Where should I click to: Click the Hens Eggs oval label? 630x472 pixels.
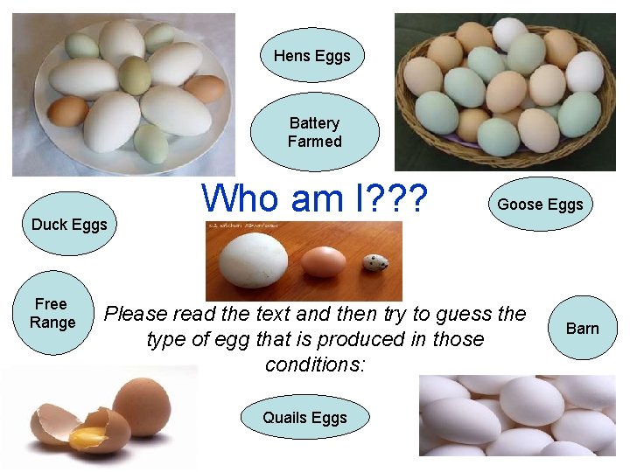[x=311, y=56]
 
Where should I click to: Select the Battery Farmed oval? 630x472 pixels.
[x=314, y=132]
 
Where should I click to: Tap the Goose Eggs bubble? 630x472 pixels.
[x=540, y=205]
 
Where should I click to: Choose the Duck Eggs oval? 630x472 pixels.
[x=69, y=225]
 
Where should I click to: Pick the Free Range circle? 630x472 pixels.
[x=52, y=313]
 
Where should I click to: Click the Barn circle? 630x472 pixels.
[x=582, y=329]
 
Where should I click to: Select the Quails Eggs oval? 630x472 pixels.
[x=304, y=418]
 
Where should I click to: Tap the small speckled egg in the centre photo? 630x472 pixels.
[x=374, y=262]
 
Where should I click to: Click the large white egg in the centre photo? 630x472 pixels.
[x=254, y=259]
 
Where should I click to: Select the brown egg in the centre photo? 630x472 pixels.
[x=323, y=260]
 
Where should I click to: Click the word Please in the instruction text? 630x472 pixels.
[x=138, y=313]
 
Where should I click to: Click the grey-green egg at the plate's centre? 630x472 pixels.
[x=134, y=74]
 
